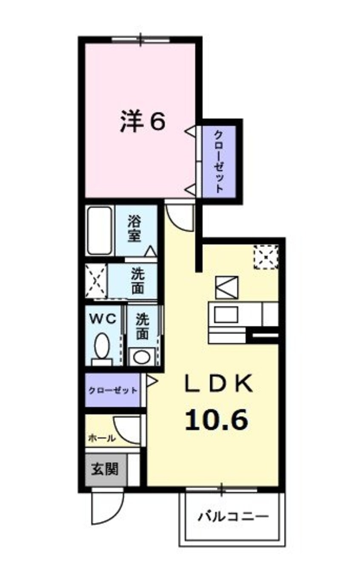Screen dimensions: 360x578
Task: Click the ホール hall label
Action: pyautogui.click(x=102, y=438)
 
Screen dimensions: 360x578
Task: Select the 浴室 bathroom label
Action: pyautogui.click(x=134, y=229)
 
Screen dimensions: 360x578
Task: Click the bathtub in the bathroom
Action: pyautogui.click(x=100, y=231)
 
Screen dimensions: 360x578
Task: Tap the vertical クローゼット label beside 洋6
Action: pyautogui.click(x=219, y=162)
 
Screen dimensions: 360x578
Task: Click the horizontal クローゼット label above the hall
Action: pyautogui.click(x=113, y=390)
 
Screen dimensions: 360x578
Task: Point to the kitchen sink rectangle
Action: pyautogui.click(x=226, y=315)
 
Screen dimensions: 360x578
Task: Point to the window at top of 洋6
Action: pyautogui.click(x=141, y=40)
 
